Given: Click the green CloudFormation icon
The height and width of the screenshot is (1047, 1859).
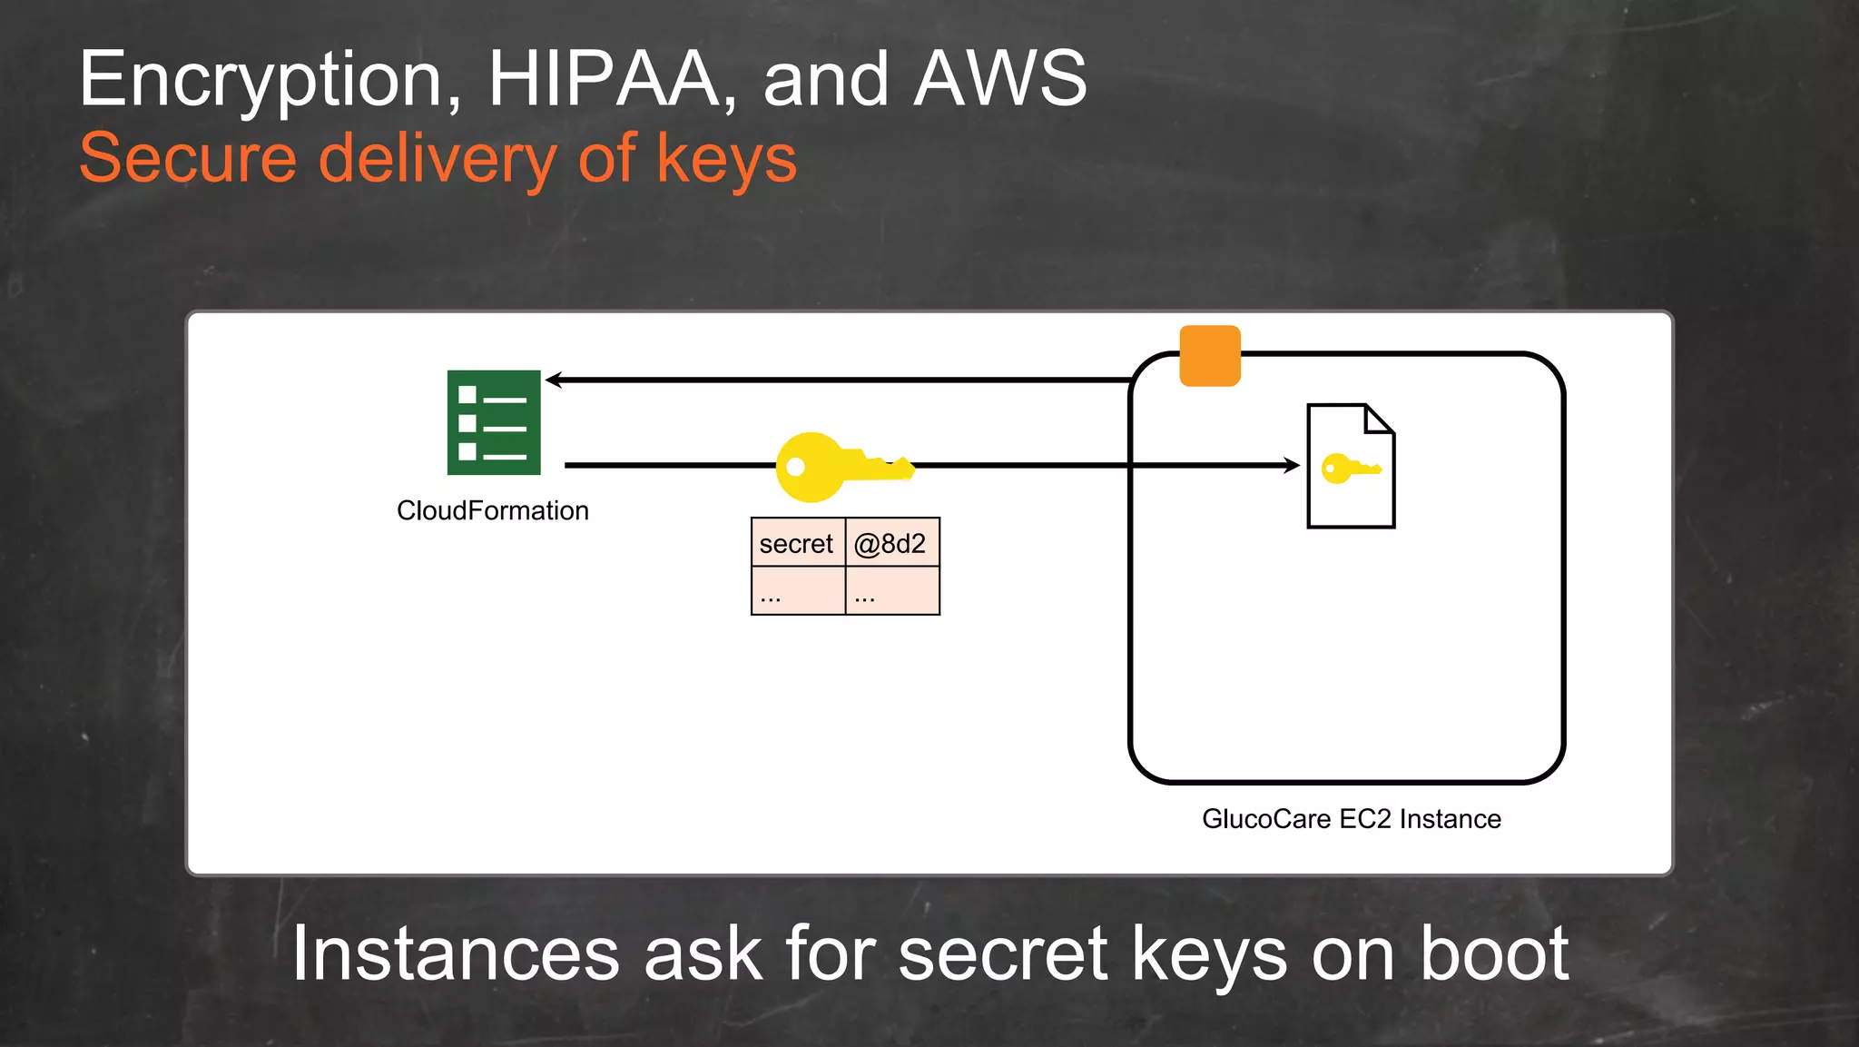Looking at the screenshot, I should tap(494, 422).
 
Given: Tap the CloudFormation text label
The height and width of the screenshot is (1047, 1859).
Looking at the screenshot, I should tap(493, 510).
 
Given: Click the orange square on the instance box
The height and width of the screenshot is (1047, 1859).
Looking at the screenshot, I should tap(1210, 356).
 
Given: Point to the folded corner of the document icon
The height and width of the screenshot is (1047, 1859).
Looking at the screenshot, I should tap(1379, 420).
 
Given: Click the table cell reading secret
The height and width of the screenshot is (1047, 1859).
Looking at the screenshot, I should tap(797, 543).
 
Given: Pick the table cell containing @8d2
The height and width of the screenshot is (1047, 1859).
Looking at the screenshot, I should tap(891, 543).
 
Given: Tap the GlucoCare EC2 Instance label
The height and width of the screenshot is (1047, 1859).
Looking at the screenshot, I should tap(1351, 819).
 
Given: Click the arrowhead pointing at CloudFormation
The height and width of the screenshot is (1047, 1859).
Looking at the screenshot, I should tap(554, 380).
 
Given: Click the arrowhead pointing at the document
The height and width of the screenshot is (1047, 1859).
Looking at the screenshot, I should tap(1292, 465).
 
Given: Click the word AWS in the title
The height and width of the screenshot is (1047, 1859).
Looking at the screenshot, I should tap(1000, 79).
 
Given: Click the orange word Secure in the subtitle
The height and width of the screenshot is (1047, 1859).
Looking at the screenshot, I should tap(188, 158).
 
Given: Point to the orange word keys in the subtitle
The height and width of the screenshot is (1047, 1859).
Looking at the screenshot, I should tap(726, 160).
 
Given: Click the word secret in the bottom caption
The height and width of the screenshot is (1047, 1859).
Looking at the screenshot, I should tap(1003, 955).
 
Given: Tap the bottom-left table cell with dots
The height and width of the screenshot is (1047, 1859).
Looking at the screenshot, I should tap(797, 591).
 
